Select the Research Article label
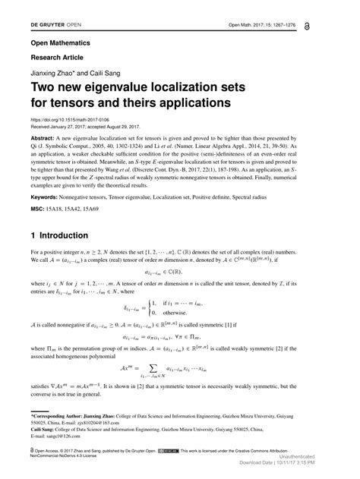pos(58,58)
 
